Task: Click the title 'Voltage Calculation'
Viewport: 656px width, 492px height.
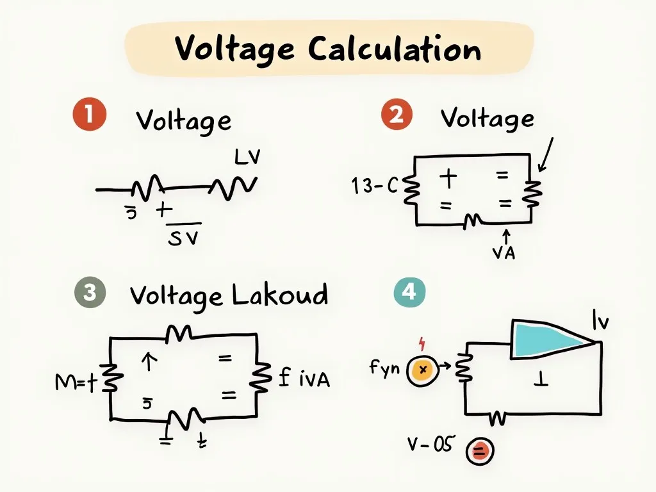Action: [x=327, y=49]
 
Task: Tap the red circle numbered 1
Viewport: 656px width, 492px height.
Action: [x=88, y=115]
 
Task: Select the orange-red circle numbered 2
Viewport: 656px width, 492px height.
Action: [x=397, y=115]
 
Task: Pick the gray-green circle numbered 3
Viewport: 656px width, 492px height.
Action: [x=90, y=293]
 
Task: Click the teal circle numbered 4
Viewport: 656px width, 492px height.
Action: [x=409, y=293]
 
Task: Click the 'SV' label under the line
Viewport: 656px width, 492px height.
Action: [x=183, y=238]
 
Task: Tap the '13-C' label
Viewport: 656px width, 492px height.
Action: [x=375, y=186]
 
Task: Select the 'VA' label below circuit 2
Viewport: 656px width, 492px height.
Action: [x=504, y=253]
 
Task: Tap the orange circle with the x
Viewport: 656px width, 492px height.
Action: [x=422, y=370]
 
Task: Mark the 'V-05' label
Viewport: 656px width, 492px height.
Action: [x=431, y=444]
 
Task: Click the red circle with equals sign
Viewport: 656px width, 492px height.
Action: [x=479, y=452]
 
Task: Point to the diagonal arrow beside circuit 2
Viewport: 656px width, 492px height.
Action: [x=545, y=155]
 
